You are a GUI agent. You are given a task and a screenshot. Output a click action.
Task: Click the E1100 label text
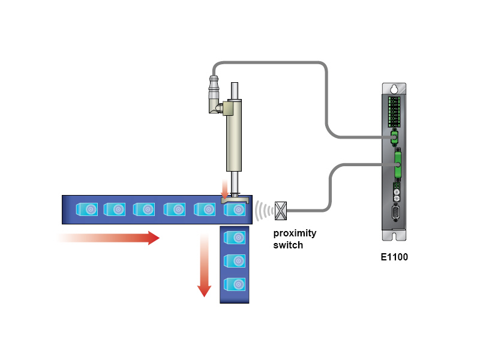[395, 257]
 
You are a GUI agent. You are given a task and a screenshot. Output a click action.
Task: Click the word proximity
[295, 233]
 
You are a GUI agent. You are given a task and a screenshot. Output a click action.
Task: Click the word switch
[288, 245]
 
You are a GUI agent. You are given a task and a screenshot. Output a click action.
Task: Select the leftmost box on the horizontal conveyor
[87, 209]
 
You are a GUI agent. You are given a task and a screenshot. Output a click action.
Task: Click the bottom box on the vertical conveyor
[235, 284]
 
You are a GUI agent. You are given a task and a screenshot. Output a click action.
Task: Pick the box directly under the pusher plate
[235, 209]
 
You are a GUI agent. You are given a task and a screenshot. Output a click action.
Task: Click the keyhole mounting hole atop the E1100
[394, 89]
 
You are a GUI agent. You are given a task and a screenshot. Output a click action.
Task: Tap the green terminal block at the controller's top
[394, 111]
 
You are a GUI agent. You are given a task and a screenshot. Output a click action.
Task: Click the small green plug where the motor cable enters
[394, 137]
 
